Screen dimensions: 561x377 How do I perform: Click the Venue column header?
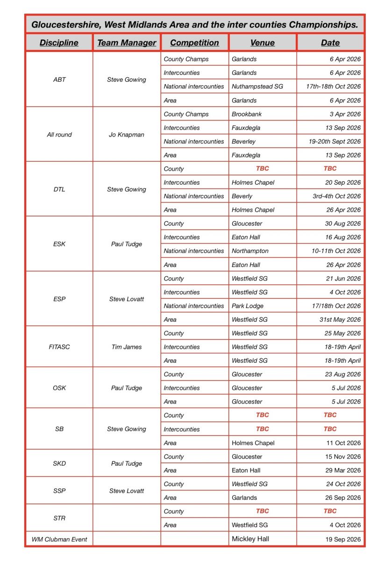[263, 43]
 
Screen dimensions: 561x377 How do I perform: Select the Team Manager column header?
[127, 43]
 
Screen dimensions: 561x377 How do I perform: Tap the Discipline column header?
[59, 43]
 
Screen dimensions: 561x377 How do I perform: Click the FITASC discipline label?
[59, 347]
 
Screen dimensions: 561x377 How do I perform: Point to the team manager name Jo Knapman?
[127, 135]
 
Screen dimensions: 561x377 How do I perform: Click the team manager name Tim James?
[127, 347]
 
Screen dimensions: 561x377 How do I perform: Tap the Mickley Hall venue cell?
[250, 539]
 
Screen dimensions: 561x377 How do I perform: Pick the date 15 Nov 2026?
[343, 457]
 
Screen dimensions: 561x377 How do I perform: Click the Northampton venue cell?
[250, 251]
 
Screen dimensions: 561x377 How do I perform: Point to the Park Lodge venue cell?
[248, 306]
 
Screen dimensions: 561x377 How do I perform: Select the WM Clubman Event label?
[59, 539]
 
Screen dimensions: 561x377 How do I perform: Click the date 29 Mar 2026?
[343, 470]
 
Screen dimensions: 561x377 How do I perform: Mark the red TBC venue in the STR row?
[263, 511]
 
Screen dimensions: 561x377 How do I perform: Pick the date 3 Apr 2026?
[345, 114]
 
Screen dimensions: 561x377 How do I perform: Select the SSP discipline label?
[59, 491]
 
